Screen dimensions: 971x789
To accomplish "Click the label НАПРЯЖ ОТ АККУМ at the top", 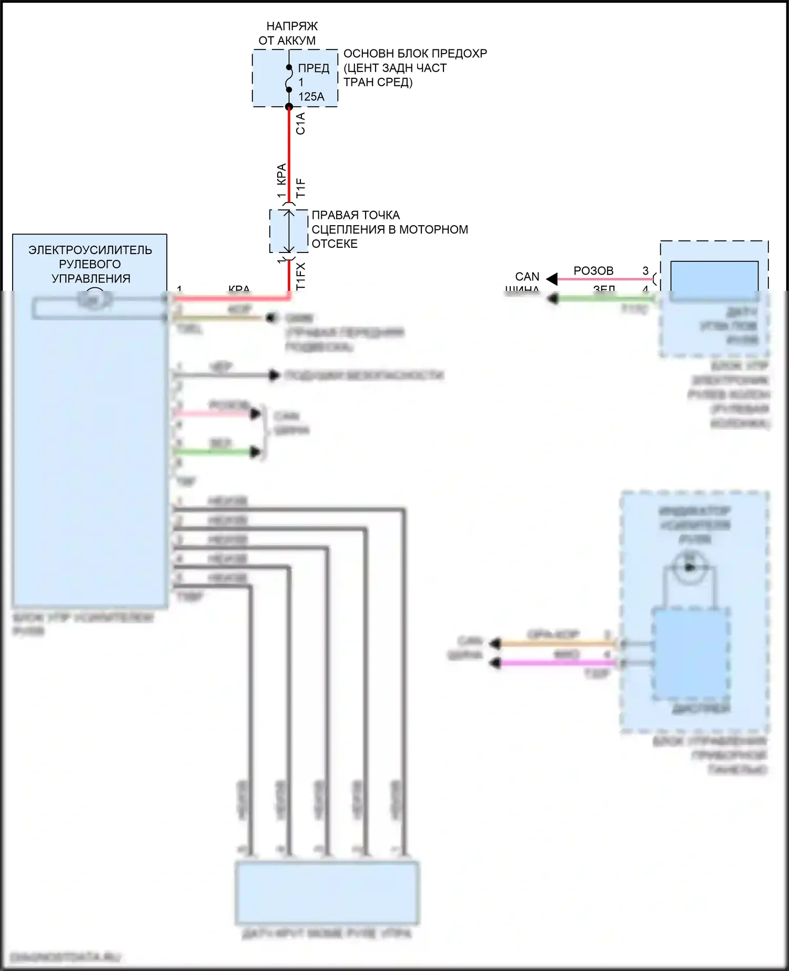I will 287,33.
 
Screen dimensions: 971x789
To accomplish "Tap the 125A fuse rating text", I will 311,97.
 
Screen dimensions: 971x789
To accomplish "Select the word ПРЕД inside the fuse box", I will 313,68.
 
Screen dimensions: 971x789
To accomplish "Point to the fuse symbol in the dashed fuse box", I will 289,79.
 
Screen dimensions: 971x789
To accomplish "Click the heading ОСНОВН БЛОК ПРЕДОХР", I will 415,54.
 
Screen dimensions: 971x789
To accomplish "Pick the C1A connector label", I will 300,124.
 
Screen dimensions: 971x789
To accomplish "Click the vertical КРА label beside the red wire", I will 281,174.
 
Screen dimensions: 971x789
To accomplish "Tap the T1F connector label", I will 300,188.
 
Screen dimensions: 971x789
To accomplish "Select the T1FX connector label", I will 300,277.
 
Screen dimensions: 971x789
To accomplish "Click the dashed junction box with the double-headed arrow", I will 289,231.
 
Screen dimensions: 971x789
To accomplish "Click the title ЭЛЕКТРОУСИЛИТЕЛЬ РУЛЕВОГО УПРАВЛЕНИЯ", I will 90,264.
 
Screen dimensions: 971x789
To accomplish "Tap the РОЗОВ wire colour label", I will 593,271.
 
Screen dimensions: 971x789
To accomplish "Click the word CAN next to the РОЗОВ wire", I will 527,277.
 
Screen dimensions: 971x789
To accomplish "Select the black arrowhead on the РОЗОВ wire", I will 552,279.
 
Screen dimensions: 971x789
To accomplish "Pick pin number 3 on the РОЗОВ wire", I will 645,271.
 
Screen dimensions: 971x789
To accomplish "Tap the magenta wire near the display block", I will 552,663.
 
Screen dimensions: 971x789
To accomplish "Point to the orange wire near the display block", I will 552,643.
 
